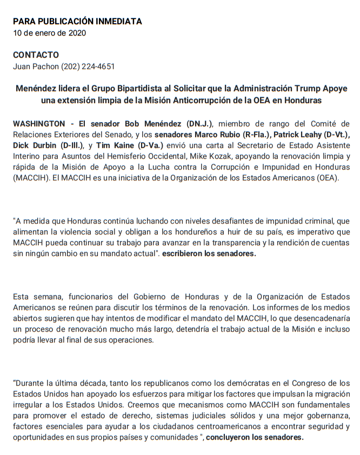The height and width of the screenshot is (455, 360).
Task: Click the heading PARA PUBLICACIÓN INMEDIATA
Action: (x=77, y=22)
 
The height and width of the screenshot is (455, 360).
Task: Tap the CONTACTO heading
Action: (x=36, y=55)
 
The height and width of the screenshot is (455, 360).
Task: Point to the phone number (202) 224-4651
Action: (x=88, y=66)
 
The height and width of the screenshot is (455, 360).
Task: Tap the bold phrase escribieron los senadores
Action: (x=209, y=253)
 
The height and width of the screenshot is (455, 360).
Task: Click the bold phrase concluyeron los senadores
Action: (x=255, y=438)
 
